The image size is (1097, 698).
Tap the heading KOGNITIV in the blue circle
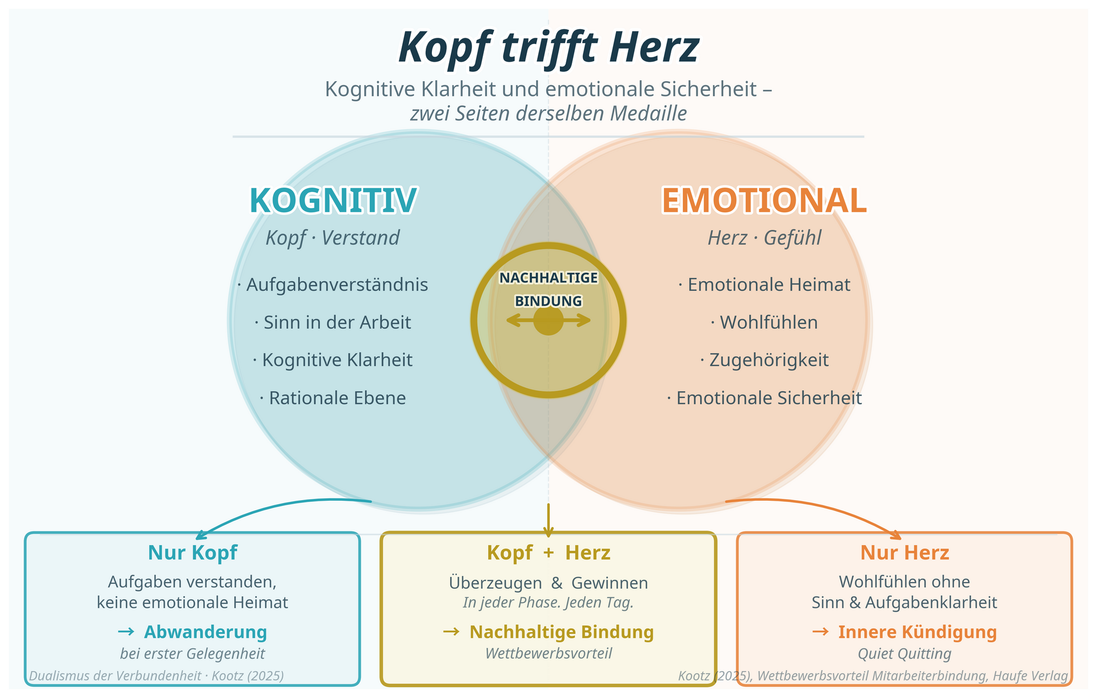coord(333,201)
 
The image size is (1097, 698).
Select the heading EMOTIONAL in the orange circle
coord(764,201)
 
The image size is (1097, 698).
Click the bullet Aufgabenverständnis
coord(337,285)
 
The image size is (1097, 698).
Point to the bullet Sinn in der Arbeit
coord(337,322)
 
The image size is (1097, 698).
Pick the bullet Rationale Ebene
coord(337,398)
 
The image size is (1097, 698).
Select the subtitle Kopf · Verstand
coord(333,238)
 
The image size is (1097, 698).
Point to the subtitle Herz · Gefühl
coord(764,238)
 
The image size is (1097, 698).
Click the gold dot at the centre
coord(548,320)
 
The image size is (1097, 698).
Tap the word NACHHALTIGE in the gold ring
coord(548,278)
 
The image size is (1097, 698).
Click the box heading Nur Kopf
coord(193,553)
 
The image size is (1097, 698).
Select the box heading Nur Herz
coord(904,553)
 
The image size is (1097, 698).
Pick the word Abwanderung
coord(205,632)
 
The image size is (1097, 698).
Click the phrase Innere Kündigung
coord(917,632)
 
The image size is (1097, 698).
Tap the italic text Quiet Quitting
coord(904,653)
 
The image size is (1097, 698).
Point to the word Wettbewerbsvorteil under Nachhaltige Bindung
coord(548,653)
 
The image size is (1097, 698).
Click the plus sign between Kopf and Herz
coord(548,553)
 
